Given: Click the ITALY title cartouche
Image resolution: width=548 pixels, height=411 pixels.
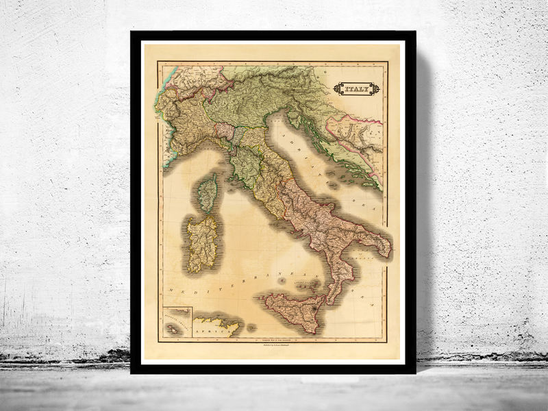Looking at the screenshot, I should coord(356,88).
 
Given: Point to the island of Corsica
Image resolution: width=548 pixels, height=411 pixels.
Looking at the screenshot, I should coord(208,192).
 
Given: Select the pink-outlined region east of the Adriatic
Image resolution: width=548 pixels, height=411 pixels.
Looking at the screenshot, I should coord(353,134).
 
